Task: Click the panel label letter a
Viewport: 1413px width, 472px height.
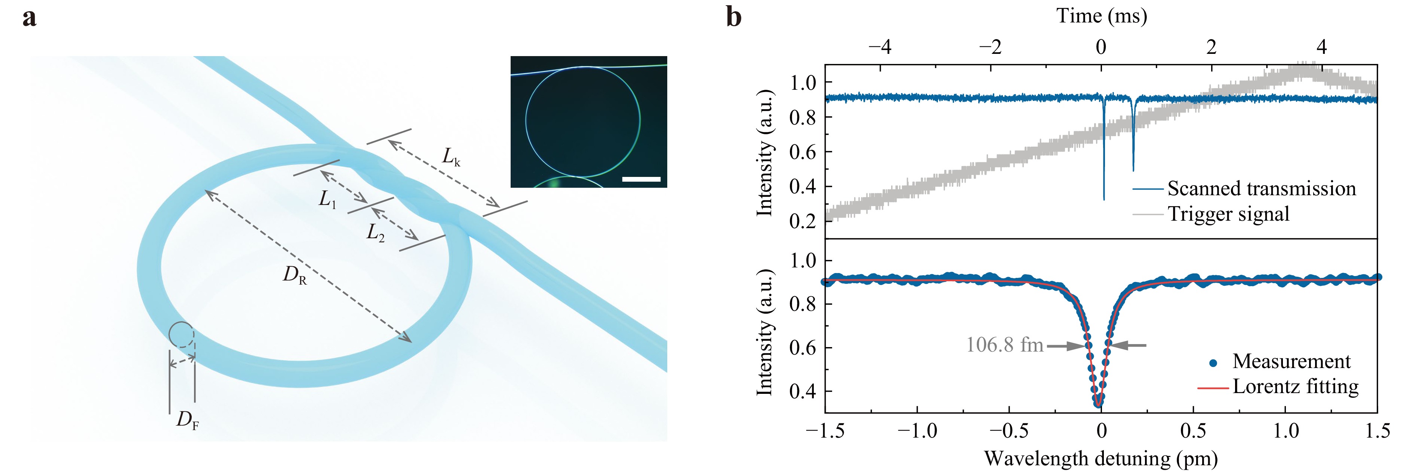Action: tap(30, 18)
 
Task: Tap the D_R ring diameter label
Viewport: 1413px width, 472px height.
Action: tap(295, 275)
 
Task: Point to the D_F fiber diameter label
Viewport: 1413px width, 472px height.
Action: tap(187, 421)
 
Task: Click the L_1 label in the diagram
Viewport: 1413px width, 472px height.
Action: tap(327, 200)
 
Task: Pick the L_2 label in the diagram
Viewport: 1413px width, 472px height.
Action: tap(376, 234)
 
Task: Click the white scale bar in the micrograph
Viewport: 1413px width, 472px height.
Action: tap(641, 179)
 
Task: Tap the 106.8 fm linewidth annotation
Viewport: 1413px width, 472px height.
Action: tap(1004, 345)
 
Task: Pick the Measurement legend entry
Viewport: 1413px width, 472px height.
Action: tap(1291, 362)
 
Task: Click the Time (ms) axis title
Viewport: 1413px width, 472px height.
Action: tap(1102, 16)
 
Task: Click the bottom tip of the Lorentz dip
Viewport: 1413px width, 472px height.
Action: tap(1098, 405)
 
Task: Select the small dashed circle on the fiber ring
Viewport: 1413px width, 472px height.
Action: tap(181, 334)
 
